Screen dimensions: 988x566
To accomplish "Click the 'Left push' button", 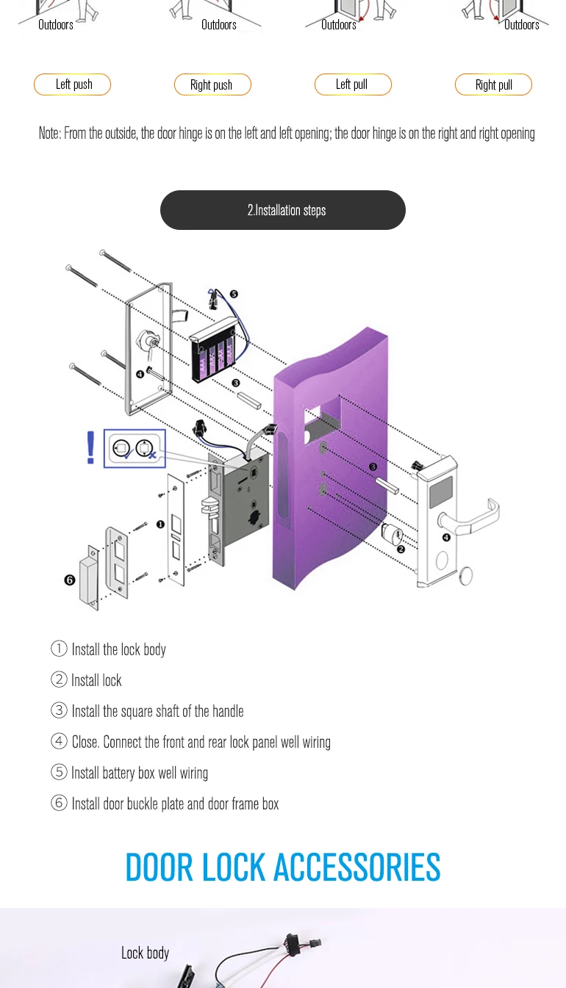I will pyautogui.click(x=73, y=84).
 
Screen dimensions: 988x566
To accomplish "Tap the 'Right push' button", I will pyautogui.click(x=212, y=84).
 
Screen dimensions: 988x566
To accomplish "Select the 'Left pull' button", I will pyautogui.click(x=352, y=84).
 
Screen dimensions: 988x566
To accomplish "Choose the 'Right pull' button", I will pyautogui.click(x=493, y=84).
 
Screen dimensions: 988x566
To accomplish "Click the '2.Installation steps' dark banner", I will pyautogui.click(x=283, y=210).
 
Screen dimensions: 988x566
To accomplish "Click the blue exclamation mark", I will pyautogui.click(x=90, y=447).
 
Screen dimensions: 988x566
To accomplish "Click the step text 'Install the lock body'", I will pyautogui.click(x=118, y=649).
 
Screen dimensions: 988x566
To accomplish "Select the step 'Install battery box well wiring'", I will pyautogui.click(x=139, y=773).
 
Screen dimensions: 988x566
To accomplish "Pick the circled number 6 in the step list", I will pyautogui.click(x=59, y=803).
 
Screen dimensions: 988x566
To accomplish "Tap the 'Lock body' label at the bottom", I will pyautogui.click(x=145, y=953).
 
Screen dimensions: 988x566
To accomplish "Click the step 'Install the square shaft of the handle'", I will pyautogui.click(x=157, y=711).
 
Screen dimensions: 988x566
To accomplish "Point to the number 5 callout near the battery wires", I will pyautogui.click(x=234, y=294).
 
